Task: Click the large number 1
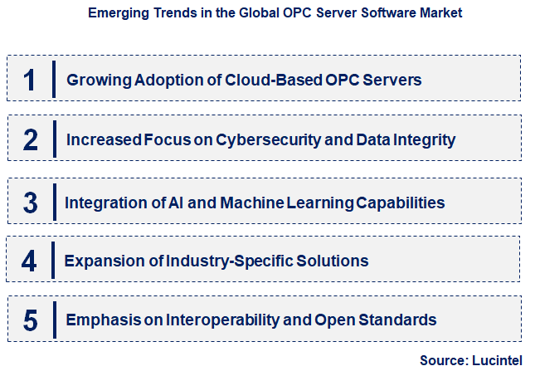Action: tap(30, 80)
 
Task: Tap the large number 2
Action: tap(30, 139)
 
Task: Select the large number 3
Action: tap(30, 202)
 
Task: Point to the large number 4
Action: tap(30, 261)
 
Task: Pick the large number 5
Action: tap(30, 320)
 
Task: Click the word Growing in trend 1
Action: tap(94, 80)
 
